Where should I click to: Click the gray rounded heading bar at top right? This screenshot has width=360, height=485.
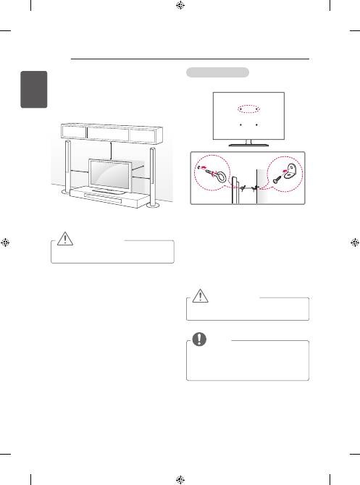pos(217,72)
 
